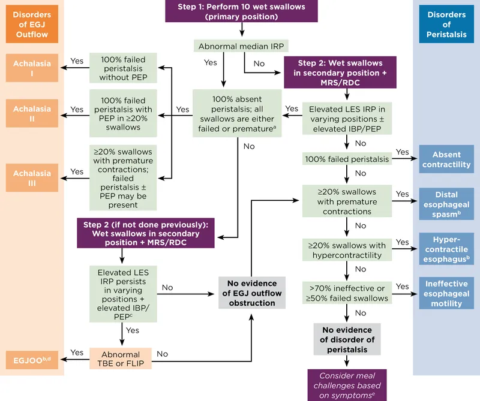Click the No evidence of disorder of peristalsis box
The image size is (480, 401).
coord(347,340)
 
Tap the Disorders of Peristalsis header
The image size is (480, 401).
coord(446,25)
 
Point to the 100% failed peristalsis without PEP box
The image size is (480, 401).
coord(122,67)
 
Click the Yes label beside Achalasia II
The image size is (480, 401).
coord(77,109)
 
